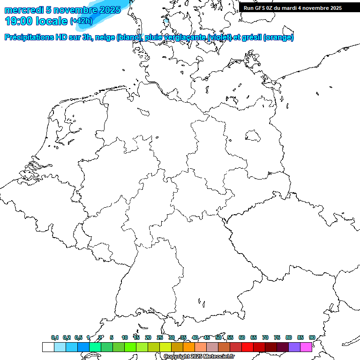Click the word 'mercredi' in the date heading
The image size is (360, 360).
23,10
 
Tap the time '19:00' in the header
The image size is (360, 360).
19,21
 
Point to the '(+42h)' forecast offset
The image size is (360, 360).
81,21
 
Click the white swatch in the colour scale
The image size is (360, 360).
48,347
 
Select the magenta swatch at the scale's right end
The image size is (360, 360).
306,347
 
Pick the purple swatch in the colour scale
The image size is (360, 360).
294,347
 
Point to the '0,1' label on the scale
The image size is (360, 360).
54,337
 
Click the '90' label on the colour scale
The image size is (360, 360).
312,337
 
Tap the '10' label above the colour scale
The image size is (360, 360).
125,337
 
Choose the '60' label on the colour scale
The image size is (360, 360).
242,337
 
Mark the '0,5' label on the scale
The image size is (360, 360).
78,337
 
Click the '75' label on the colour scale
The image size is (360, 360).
277,337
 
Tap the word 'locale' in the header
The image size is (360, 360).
52,21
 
